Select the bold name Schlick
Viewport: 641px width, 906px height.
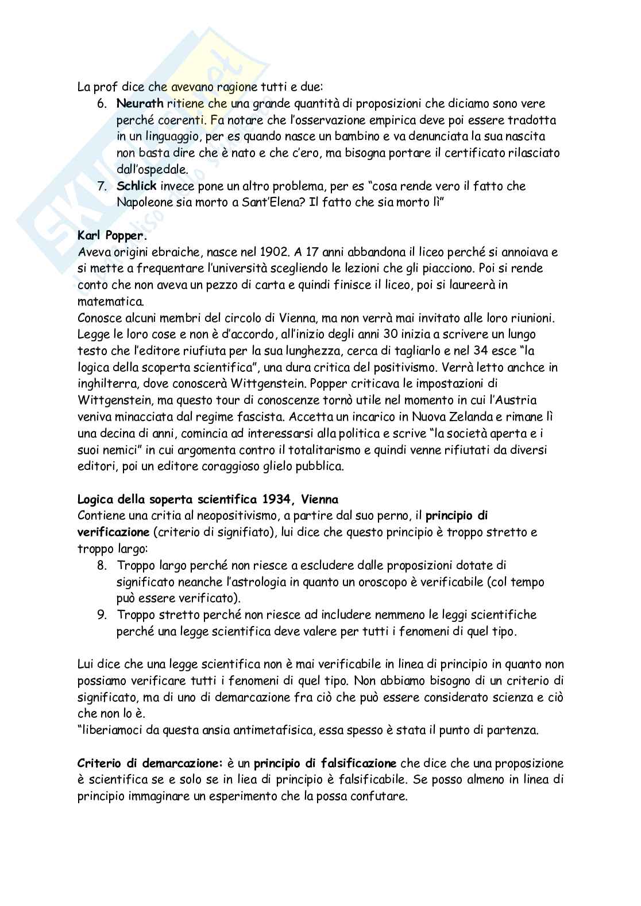pyautogui.click(x=136, y=186)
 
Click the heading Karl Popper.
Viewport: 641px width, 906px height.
pyautogui.click(x=112, y=235)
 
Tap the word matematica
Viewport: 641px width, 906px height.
pyautogui.click(x=110, y=301)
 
